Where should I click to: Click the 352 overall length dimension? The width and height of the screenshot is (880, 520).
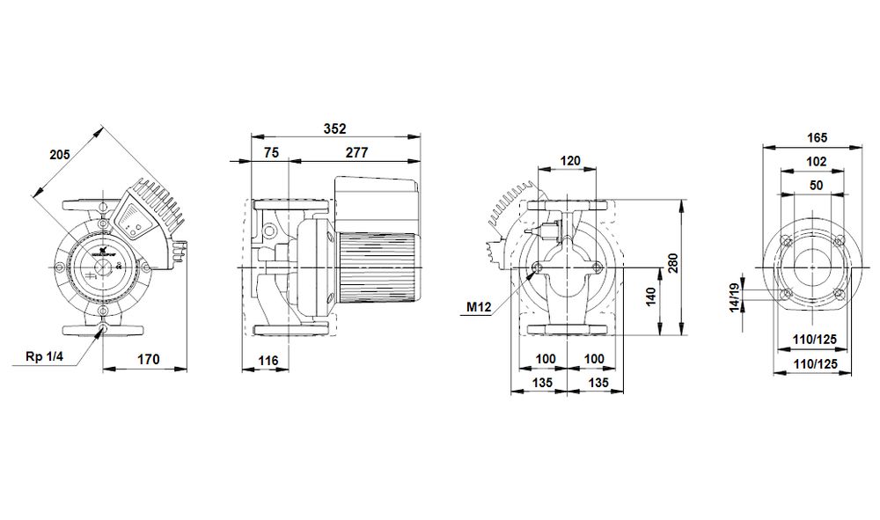(335, 128)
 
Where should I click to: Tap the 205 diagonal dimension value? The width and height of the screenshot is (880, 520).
(60, 154)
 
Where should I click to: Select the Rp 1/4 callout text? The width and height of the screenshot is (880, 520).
(46, 356)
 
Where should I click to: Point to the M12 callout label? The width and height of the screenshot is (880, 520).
(479, 307)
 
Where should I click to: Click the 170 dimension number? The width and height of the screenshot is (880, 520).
(149, 359)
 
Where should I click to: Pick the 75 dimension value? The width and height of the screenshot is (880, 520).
(272, 152)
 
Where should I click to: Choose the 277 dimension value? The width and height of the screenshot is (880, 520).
(357, 152)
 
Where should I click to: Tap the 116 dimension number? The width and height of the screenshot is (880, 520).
(268, 361)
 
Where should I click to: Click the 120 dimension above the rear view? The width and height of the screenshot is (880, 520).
(570, 161)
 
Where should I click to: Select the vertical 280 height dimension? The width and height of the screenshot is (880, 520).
(673, 263)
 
